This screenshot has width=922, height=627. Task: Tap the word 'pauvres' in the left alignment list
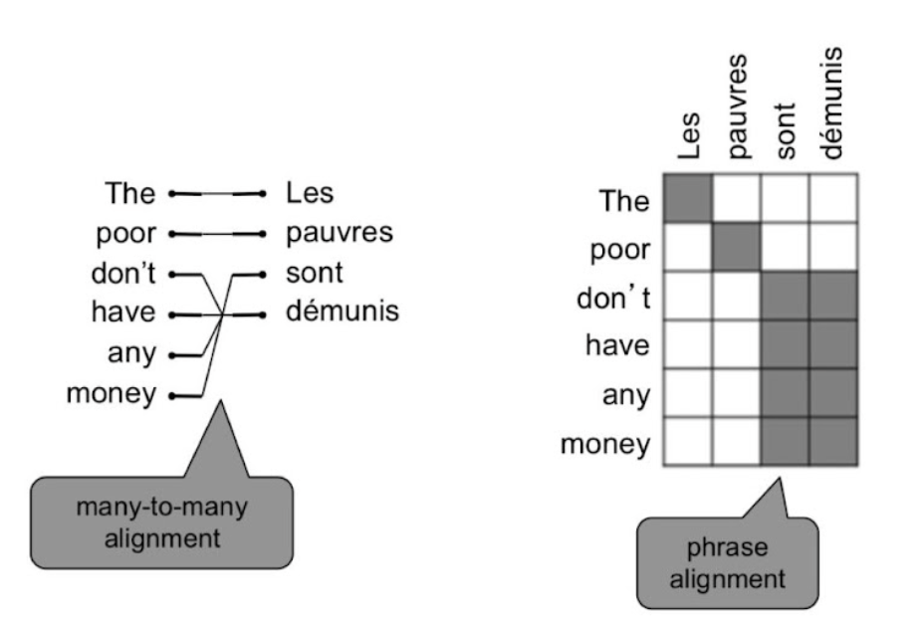[340, 233]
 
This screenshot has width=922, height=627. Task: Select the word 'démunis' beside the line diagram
[342, 313]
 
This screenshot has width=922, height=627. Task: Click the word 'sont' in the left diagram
[315, 273]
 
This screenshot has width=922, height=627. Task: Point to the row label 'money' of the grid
[605, 443]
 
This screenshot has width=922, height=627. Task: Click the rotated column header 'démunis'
[834, 104]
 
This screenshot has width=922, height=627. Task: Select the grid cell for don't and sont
[786, 297]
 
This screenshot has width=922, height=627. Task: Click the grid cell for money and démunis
[833, 442]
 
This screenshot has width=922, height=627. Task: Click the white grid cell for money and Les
[688, 442]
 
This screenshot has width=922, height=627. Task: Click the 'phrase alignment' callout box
[727, 561]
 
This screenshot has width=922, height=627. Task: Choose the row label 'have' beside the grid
[617, 345]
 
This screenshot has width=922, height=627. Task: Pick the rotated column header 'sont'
[787, 128]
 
